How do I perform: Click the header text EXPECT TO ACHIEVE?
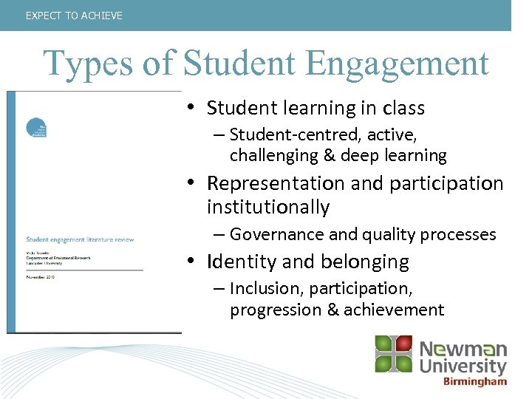tap(74, 16)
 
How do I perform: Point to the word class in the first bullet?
tap(403, 108)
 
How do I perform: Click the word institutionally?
tap(267, 208)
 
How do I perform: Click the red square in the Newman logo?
tap(403, 344)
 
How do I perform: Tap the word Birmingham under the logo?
tap(475, 382)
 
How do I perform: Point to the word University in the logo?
tap(463, 366)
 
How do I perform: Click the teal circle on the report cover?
tap(35, 127)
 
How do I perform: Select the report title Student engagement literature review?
tap(80, 239)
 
